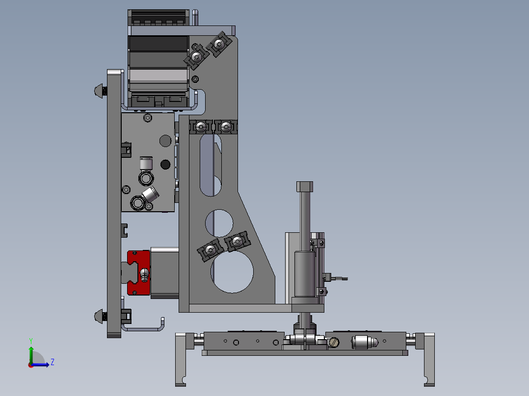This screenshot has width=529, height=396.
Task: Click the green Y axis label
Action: click(x=31, y=341)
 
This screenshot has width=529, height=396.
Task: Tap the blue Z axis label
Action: click(x=53, y=362)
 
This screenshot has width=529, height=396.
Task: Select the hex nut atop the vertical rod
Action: click(x=305, y=186)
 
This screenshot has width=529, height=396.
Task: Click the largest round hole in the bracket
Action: click(x=232, y=272)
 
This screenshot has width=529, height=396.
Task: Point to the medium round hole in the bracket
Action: click(x=219, y=223)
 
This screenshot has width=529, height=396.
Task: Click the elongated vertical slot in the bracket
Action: click(x=211, y=165)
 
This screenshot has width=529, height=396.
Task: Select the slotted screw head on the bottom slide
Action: click(x=333, y=343)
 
